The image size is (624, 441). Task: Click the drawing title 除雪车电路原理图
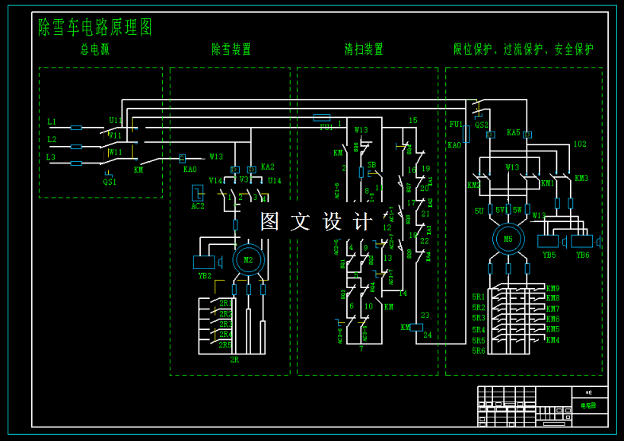95,27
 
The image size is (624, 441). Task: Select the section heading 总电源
95,49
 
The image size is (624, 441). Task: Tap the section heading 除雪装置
231,49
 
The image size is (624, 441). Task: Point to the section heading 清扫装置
364,49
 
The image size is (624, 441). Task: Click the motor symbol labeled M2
248,260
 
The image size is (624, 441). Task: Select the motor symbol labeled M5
508,238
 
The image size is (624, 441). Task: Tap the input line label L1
52,122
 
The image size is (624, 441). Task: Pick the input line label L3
51,157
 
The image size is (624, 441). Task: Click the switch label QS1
110,182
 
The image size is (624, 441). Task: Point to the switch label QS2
482,125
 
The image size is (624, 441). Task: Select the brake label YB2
205,276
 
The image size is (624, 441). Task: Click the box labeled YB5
548,242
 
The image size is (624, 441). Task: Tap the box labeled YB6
582,242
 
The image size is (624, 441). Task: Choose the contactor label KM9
552,289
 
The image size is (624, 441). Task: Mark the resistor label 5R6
478,351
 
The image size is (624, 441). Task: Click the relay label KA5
514,132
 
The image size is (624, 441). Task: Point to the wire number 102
580,144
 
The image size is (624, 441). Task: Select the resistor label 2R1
225,303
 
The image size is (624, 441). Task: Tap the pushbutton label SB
371,165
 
